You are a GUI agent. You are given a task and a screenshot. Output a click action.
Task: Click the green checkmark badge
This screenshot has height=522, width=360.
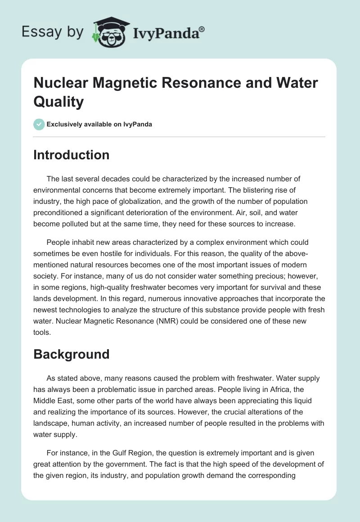(x=39, y=124)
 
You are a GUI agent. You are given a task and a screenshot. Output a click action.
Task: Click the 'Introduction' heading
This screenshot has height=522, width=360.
(x=71, y=155)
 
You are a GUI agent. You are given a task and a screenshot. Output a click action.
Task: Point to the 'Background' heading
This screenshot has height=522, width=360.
(x=71, y=354)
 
